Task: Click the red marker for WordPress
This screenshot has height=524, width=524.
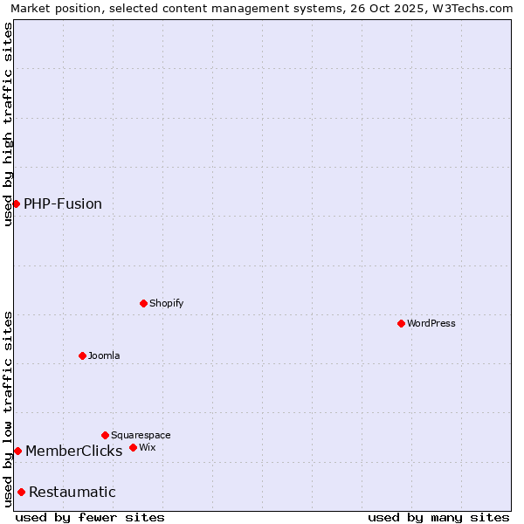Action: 401,323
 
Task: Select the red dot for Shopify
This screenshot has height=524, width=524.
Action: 143,303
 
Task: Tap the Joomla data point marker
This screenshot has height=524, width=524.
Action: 82,355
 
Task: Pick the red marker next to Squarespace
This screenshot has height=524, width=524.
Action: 105,435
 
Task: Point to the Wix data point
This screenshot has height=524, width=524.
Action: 133,447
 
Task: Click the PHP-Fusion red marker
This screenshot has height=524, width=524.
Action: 16,203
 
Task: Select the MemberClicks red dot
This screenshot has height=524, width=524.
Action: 17,451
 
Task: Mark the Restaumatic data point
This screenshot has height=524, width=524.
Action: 21,492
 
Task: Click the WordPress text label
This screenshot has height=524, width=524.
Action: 431,323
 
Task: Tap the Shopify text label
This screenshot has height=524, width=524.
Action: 167,303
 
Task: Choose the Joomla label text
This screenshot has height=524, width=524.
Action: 104,355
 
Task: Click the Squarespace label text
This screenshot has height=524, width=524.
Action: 141,435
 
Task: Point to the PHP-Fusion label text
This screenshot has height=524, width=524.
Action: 63,203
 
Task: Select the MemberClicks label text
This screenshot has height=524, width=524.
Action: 74,451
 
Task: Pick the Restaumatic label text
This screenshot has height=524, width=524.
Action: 72,492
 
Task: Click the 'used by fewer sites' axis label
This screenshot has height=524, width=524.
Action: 90,517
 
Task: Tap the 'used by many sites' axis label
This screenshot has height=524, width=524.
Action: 438,517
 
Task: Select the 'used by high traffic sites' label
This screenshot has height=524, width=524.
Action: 8,124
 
